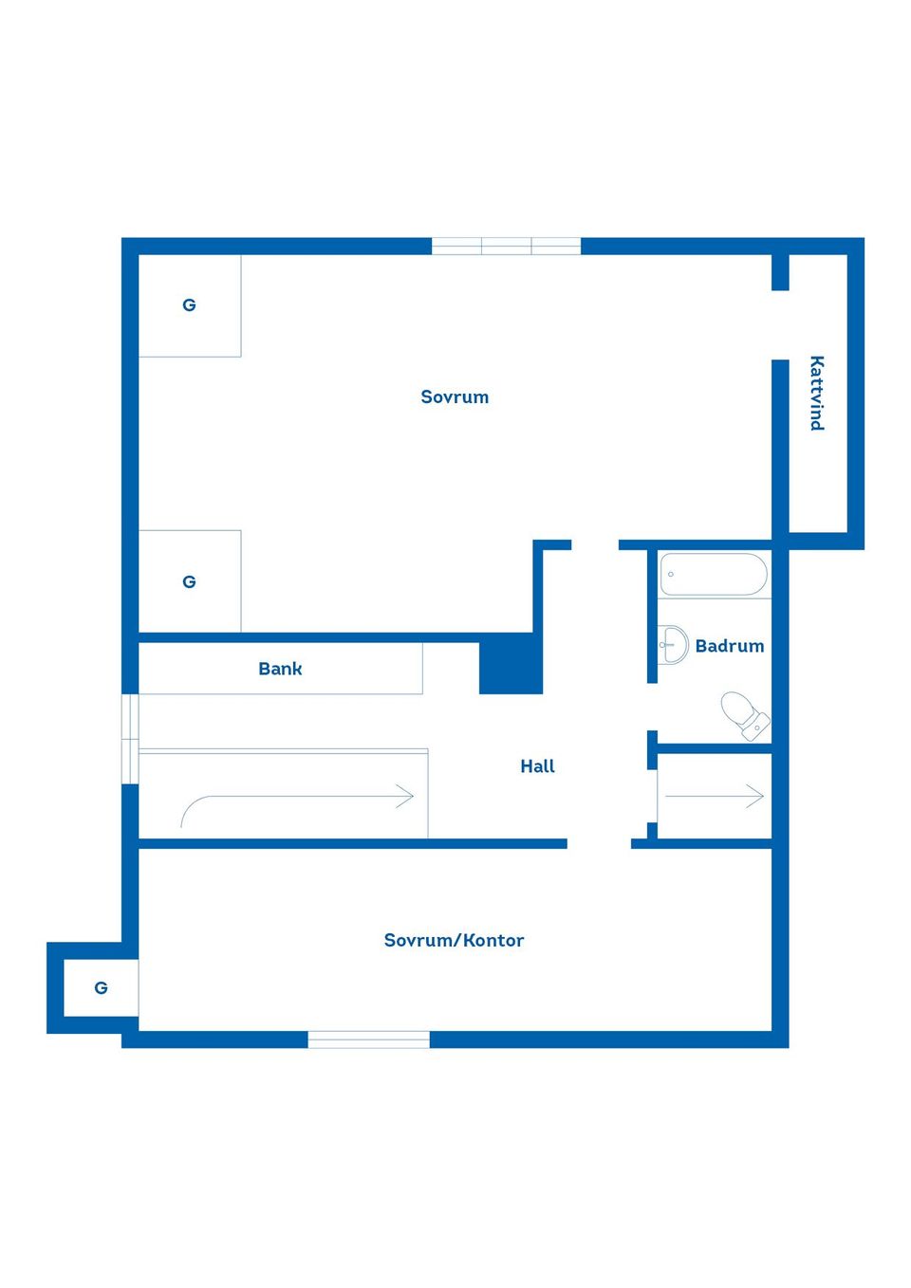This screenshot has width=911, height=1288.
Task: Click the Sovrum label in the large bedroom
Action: pos(455,396)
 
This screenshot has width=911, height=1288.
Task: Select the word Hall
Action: pos(537,766)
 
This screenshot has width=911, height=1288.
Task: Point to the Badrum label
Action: pos(729,646)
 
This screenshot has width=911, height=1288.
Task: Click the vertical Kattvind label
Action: pos(817,393)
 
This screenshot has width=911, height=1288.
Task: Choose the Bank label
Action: pos(280,668)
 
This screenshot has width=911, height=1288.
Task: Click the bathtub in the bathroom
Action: pos(714,574)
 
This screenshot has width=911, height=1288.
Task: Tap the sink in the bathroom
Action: pos(673,645)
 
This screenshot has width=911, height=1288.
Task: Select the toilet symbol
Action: pos(746,715)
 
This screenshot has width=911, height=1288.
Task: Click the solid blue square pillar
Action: pos(511,663)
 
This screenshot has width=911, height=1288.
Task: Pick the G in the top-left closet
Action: pos(189,304)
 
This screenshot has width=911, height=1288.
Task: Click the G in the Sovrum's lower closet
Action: pos(189,582)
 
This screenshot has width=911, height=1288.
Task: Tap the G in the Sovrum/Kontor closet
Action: pos(101,988)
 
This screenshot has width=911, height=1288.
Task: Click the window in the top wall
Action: pos(506,246)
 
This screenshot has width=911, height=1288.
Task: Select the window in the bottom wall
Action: pos(368,1040)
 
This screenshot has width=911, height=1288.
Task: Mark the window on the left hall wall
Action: pos(130,739)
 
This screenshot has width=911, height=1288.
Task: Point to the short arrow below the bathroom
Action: pos(715,797)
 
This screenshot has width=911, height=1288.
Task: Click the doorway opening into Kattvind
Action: pos(780,325)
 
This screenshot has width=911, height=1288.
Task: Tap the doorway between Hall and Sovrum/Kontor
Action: pos(599,843)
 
